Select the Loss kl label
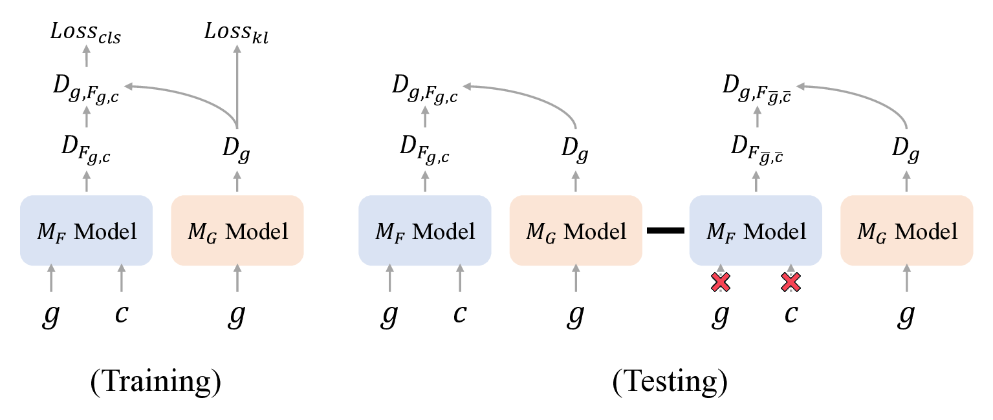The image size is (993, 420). (x=236, y=32)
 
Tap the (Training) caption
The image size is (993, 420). (x=155, y=383)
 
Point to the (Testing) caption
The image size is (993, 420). (x=670, y=383)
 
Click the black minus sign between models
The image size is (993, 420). (x=666, y=231)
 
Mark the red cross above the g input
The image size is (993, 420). (x=721, y=282)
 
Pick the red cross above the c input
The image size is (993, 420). (x=791, y=282)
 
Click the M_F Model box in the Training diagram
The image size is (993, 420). (x=86, y=231)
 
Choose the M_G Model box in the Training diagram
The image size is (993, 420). (x=237, y=231)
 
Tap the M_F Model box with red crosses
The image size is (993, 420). (x=756, y=231)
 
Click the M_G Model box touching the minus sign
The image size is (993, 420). (x=576, y=231)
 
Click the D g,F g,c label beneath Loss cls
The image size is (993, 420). (x=86, y=88)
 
